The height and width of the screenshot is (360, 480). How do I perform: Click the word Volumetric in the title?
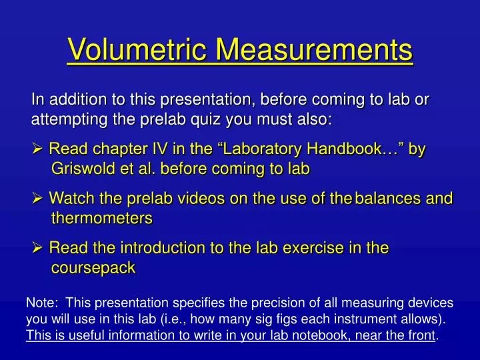[x=139, y=49]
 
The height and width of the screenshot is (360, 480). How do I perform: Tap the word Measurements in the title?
[x=317, y=49]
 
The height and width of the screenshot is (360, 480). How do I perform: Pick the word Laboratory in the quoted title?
[x=261, y=149]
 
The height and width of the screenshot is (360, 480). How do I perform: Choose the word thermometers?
[x=102, y=217]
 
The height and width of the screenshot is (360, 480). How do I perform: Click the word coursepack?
[x=93, y=267]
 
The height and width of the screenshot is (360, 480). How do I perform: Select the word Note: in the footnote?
[x=41, y=303]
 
